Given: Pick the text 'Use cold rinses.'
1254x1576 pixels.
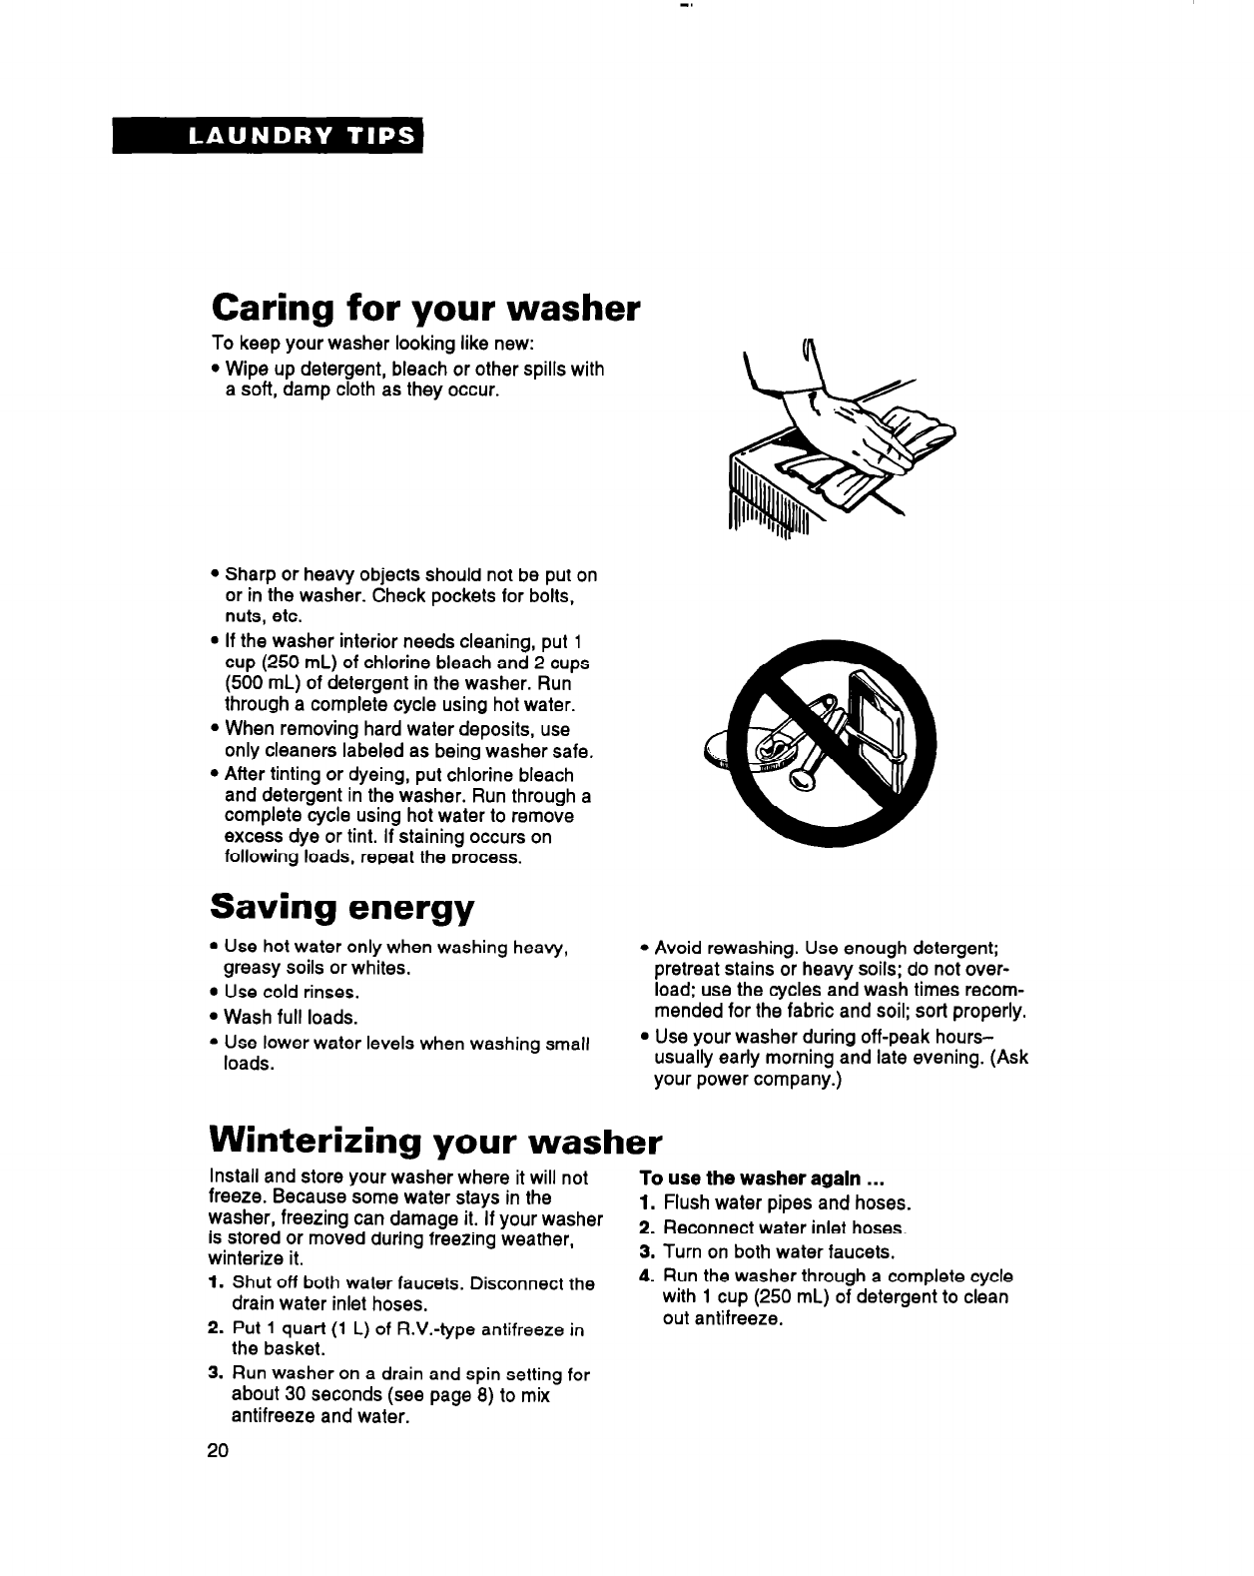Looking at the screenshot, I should point(291,993).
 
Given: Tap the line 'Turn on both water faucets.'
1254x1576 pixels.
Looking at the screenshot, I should point(778,1251).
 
